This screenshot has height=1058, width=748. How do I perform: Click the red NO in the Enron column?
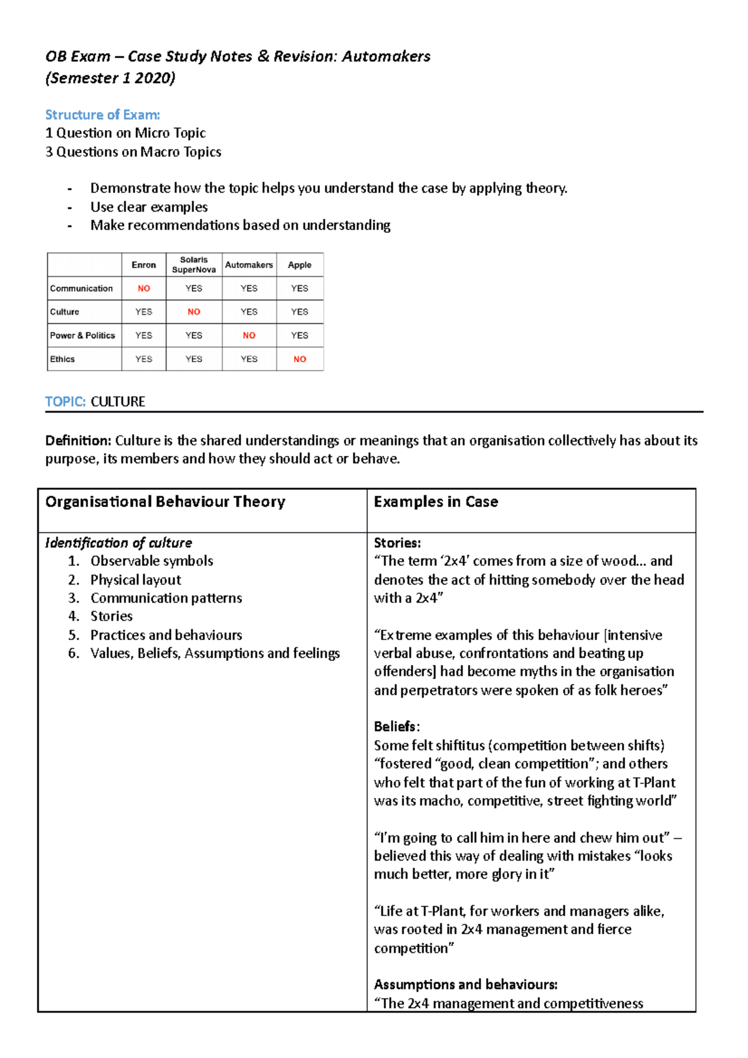tap(143, 288)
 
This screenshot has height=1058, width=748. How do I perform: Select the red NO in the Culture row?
tap(194, 312)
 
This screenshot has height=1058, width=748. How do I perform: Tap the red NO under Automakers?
tap(249, 335)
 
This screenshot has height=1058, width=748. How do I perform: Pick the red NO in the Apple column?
tap(299, 359)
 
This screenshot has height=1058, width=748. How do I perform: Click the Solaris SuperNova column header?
tap(194, 265)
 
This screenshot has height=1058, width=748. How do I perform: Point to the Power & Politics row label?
tap(82, 335)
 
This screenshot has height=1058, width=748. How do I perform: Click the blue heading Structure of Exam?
tap(102, 115)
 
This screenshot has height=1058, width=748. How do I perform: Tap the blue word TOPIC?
tap(65, 402)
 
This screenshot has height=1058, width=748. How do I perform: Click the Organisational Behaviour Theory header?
tap(165, 502)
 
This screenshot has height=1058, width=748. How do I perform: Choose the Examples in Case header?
tap(436, 502)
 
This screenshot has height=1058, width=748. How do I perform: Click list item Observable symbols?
tap(151, 561)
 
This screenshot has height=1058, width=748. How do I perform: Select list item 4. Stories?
tap(111, 616)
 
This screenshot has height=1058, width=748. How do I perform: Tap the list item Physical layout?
tap(135, 579)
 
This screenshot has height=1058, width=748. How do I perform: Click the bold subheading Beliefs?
tap(396, 727)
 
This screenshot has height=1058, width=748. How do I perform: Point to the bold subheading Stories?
tap(397, 543)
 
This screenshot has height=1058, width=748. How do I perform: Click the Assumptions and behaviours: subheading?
tap(465, 984)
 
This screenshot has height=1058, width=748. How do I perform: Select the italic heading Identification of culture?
tap(118, 543)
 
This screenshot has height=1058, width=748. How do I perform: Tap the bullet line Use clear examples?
tap(149, 207)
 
